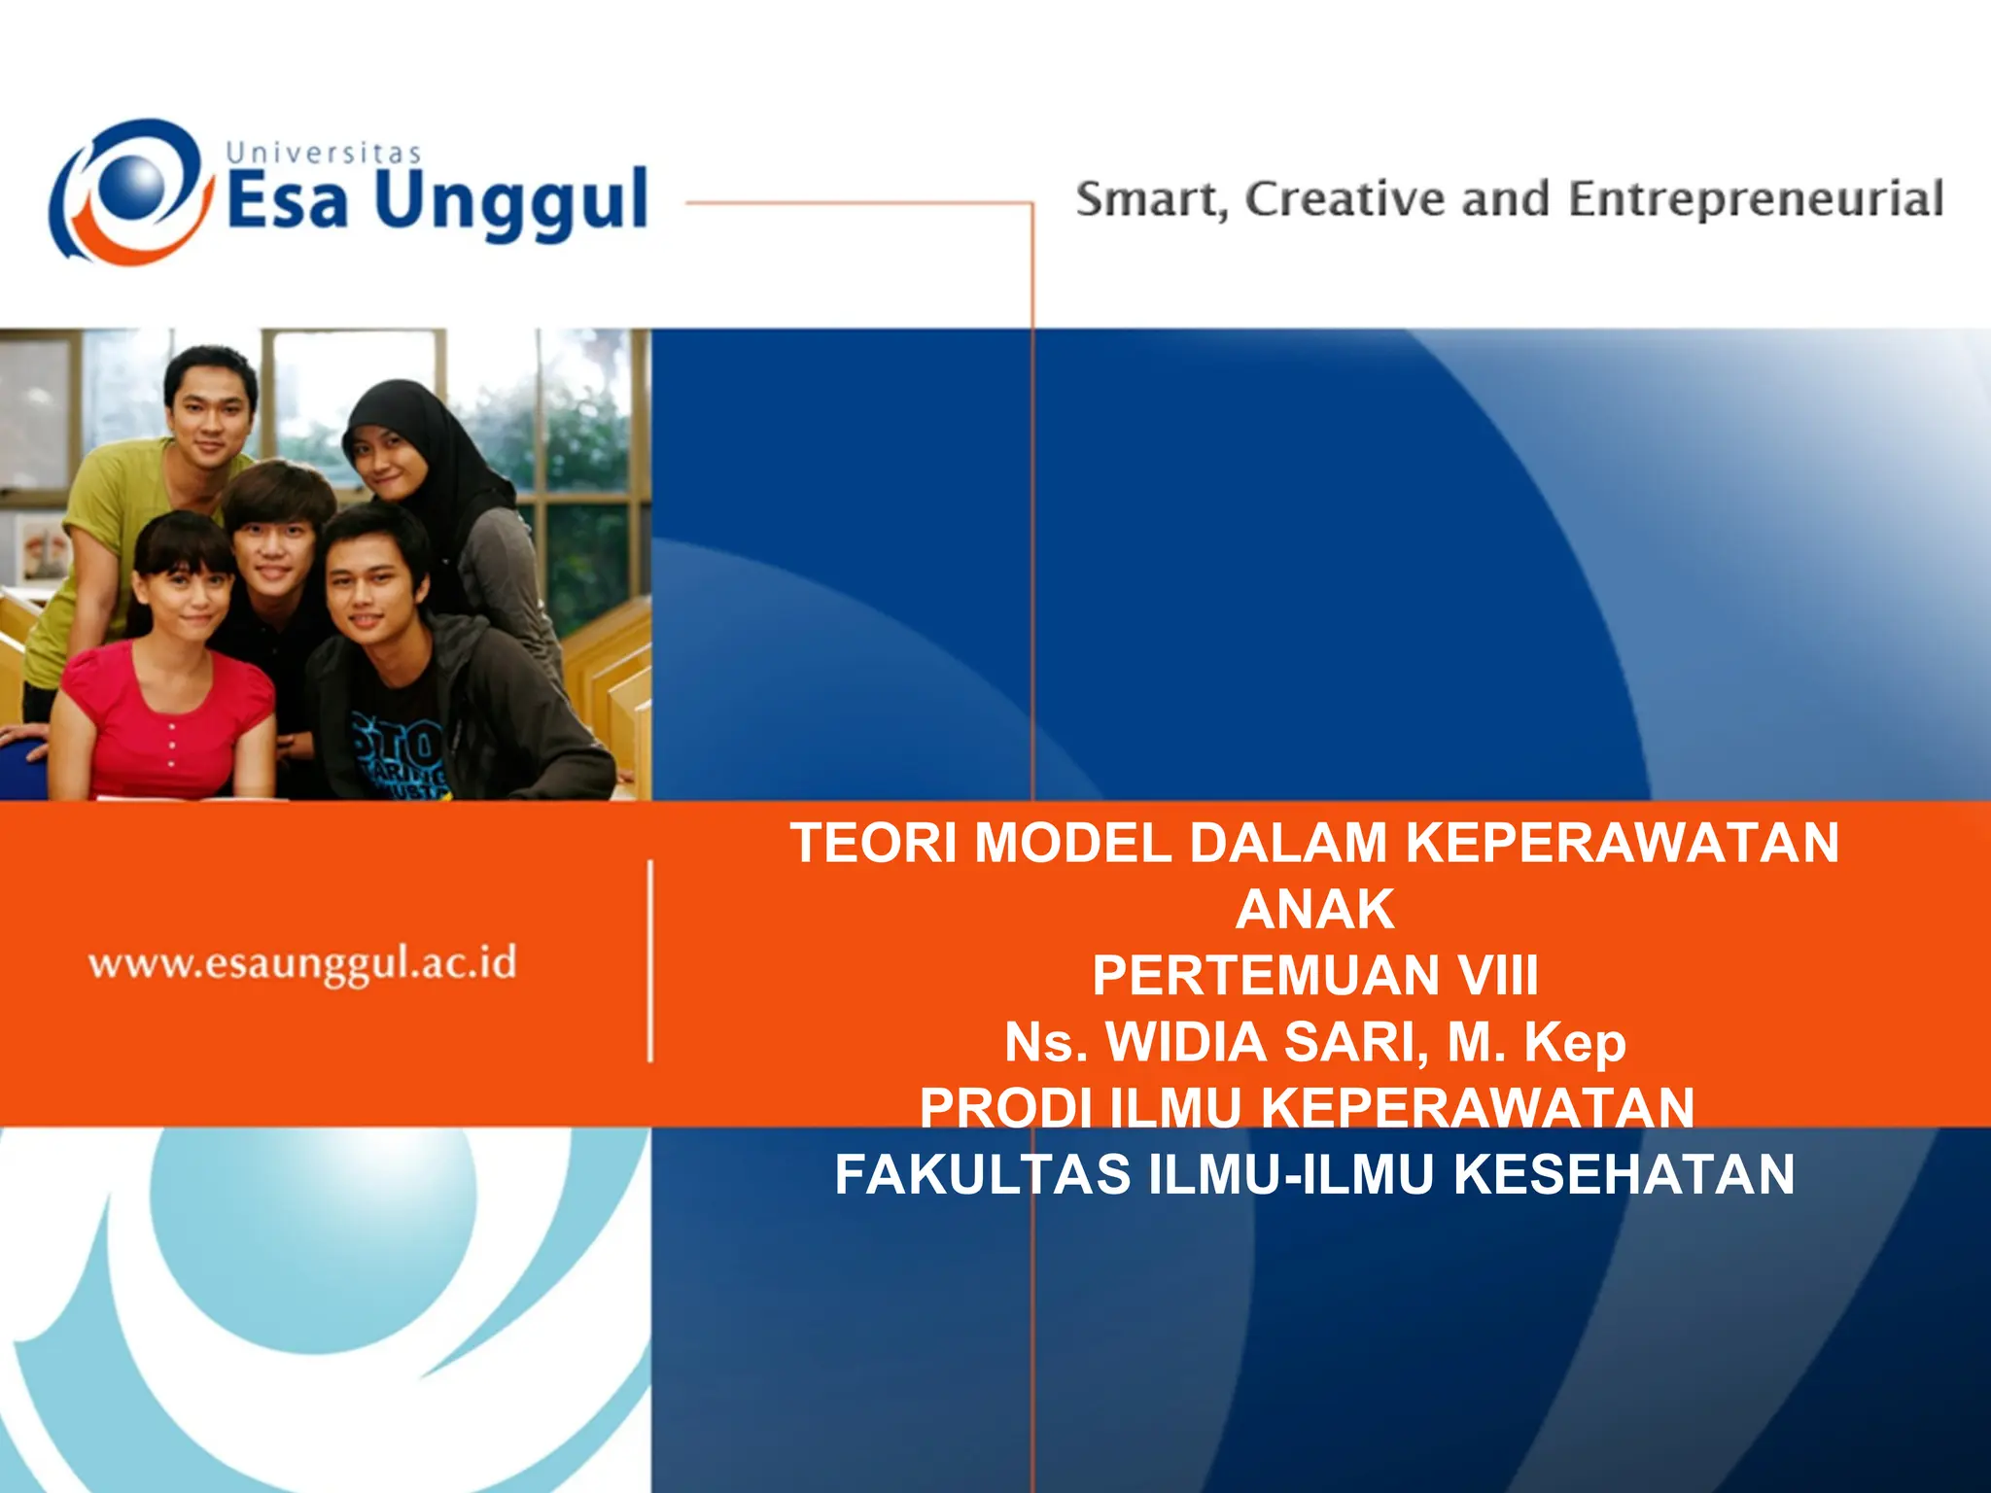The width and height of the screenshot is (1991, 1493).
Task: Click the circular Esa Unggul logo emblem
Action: tap(130, 191)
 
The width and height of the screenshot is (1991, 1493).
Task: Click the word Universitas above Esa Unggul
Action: tap(324, 153)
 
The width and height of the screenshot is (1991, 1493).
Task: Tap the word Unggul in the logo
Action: tap(510, 202)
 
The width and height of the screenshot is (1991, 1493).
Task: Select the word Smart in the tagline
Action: tap(1148, 200)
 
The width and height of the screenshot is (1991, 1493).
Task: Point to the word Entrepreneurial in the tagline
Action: tap(1755, 200)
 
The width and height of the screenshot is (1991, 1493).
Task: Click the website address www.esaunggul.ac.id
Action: tap(302, 963)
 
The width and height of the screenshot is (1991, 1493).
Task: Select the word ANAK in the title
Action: tap(1315, 910)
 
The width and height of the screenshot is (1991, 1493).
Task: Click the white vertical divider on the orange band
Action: tap(649, 960)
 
